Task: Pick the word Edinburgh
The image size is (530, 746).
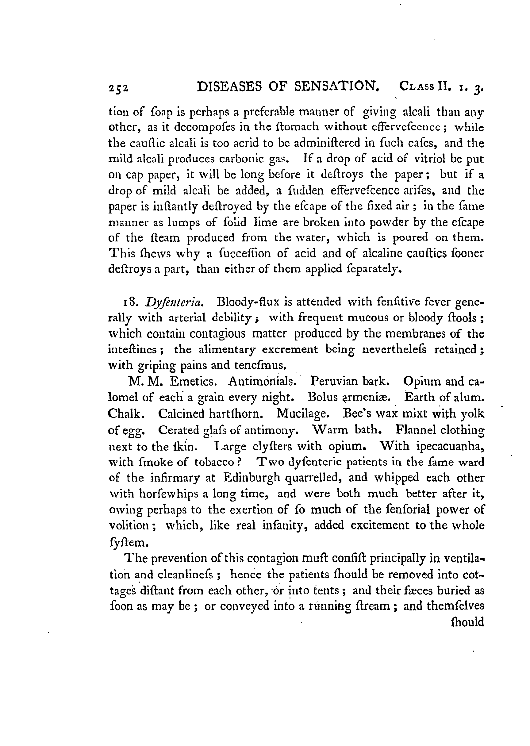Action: coord(252,478)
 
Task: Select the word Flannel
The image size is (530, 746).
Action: coord(415,430)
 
